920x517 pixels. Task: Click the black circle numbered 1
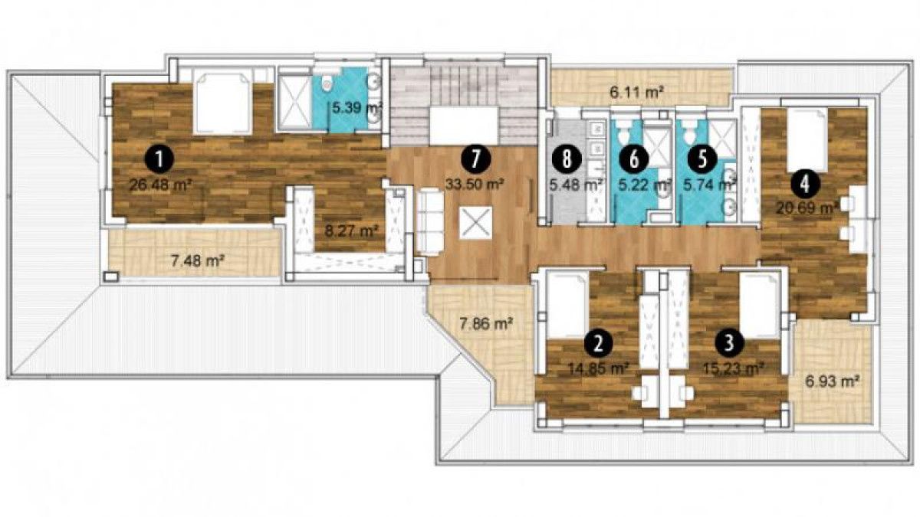(x=159, y=159)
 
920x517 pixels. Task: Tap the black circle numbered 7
(x=475, y=159)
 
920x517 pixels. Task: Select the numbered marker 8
(x=567, y=159)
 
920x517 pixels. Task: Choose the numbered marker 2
(x=598, y=342)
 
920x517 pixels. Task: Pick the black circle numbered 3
(x=729, y=342)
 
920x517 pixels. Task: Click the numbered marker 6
(x=634, y=159)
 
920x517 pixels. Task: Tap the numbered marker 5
(x=702, y=159)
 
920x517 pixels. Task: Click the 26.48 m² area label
(x=161, y=185)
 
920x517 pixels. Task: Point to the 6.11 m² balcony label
(x=637, y=92)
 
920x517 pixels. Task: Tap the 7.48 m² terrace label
(x=198, y=261)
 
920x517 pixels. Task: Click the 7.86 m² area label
(x=486, y=325)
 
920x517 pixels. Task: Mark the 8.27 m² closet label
(x=351, y=231)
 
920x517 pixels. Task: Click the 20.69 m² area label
(x=807, y=208)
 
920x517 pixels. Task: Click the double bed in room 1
(x=222, y=103)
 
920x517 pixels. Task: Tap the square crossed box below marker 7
(x=475, y=221)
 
